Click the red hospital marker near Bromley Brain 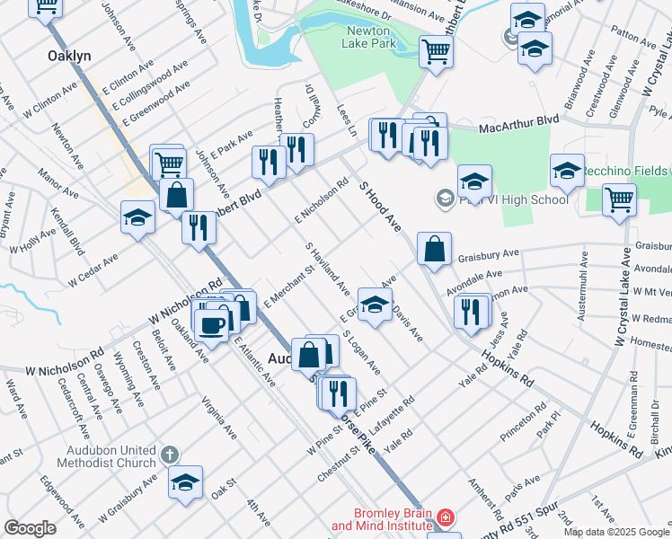(446, 518)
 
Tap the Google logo (30, 528)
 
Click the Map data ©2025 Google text (616, 532)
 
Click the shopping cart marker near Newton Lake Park (436, 50)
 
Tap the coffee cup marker (212, 323)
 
